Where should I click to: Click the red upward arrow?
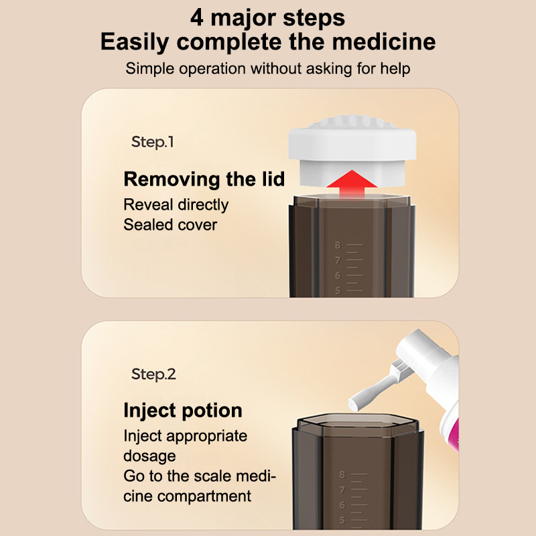pos(352,184)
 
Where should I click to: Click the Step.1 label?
pos(153,142)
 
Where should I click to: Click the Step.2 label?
pos(153,375)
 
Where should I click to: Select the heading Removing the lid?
pos(204,179)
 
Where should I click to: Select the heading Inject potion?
pos(183,410)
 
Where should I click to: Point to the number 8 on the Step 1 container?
pos(338,245)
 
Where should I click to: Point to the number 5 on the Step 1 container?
pos(338,291)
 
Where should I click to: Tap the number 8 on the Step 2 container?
pos(342,474)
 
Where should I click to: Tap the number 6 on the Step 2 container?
pos(342,505)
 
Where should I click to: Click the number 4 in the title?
pos(196,17)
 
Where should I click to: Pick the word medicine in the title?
pos(383,42)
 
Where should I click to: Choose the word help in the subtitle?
pos(395,68)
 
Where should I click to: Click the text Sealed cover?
pos(170,225)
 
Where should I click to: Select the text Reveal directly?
pos(176,205)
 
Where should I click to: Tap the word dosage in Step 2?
pos(149,456)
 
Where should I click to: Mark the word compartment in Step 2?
pos(204,496)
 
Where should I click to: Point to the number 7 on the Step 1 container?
pos(338,260)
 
